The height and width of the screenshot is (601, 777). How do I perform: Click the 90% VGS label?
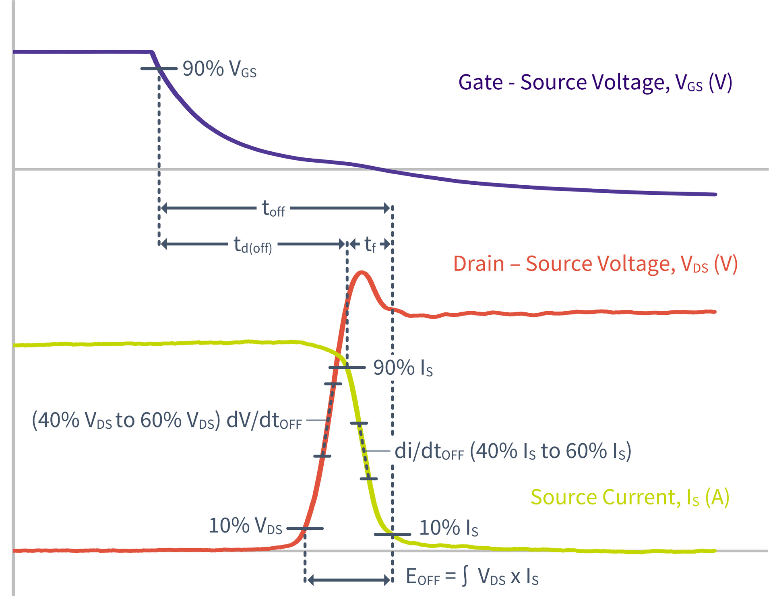(219, 69)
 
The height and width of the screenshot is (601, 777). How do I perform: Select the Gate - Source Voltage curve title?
(595, 83)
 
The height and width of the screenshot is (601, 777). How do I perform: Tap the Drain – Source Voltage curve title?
(595, 264)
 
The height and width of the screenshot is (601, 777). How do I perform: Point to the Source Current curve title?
(630, 498)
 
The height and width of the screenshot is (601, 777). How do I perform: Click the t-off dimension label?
(273, 209)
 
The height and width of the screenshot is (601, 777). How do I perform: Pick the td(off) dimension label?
(253, 245)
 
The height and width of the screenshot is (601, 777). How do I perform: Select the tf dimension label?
(370, 244)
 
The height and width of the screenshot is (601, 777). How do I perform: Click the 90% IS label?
(403, 368)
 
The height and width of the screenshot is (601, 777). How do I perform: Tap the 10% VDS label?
(246, 526)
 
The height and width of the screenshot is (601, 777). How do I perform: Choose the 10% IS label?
(448, 528)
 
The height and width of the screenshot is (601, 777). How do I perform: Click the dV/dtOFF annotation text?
(167, 421)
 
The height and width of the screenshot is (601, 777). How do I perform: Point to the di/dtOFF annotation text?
(512, 451)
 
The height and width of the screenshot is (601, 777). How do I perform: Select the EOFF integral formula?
(472, 577)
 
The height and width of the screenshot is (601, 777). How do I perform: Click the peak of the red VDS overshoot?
(362, 273)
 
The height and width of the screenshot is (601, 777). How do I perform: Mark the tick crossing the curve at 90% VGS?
(159, 69)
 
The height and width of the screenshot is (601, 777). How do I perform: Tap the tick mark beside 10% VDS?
(305, 529)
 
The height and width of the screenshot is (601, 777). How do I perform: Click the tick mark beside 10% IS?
(392, 535)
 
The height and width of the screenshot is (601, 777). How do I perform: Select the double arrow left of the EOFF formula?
(349, 580)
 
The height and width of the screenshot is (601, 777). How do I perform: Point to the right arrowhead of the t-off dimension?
(387, 208)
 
